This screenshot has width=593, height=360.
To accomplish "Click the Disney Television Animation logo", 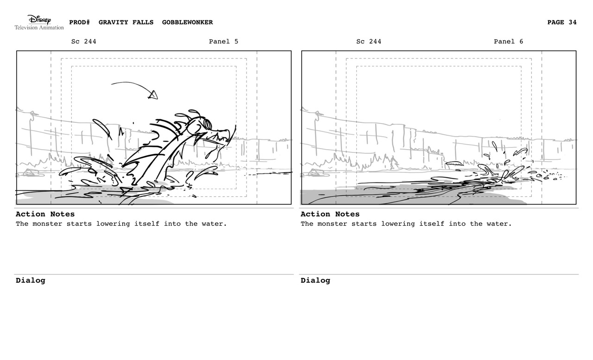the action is coord(39,22).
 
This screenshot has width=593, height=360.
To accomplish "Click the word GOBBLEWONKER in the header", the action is coord(188,22).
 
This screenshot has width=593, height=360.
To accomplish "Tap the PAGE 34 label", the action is coord(562,22).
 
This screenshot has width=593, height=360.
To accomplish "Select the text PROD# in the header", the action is coord(79,22).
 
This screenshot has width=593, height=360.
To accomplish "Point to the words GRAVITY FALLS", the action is coord(126,22).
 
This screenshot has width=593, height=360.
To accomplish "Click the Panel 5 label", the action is coord(223,42).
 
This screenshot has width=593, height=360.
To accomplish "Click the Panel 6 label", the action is coord(508,42).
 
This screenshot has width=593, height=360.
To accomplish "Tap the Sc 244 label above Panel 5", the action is coord(84,42).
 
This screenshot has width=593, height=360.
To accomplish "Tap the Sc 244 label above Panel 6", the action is coord(369,42).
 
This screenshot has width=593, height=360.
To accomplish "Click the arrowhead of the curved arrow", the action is coord(153,95).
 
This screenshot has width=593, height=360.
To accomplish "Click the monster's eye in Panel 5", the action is coord(207,124).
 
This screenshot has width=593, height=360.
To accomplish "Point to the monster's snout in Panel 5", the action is coord(221,134).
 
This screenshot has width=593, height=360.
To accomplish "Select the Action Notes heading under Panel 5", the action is coord(45,214).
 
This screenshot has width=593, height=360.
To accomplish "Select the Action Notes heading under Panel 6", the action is coord(330,214).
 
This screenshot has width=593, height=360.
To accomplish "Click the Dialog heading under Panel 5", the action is coord(31,280).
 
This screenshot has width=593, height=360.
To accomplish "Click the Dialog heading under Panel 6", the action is coord(315,280).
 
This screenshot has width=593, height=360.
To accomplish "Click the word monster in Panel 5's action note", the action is coord(45,224).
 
